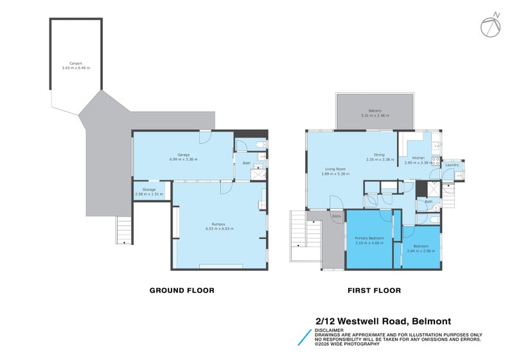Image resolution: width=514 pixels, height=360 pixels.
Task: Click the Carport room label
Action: [x=75, y=64]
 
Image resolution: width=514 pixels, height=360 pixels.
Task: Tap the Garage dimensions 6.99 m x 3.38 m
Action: [x=183, y=159]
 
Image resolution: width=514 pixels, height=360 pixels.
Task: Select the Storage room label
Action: [x=149, y=190]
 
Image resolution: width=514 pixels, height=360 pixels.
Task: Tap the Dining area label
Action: [x=379, y=154]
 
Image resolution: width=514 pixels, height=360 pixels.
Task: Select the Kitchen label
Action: [x=419, y=158]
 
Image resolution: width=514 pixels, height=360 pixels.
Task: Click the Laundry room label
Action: [x=452, y=165]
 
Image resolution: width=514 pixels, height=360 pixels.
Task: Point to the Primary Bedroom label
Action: [x=369, y=238]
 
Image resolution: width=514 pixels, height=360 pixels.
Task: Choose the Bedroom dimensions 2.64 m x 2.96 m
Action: [x=421, y=251]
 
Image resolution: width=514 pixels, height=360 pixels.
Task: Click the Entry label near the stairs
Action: [x=336, y=217]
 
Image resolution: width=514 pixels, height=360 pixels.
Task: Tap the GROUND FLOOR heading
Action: [x=182, y=291]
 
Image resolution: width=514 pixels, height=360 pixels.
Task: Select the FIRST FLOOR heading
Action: [x=374, y=291]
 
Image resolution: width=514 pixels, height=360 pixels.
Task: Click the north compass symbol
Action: [x=490, y=24]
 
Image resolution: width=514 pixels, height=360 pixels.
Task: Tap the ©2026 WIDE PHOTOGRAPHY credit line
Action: [x=348, y=346]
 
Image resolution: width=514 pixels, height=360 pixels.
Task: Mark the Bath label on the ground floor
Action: [x=246, y=163]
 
